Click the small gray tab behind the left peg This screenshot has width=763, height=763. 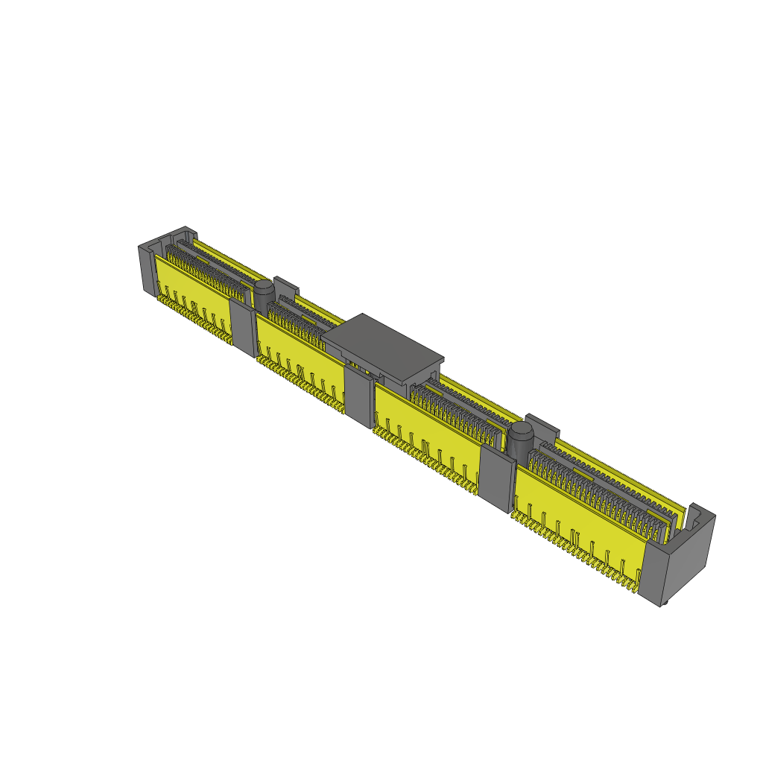(x=286, y=285)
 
